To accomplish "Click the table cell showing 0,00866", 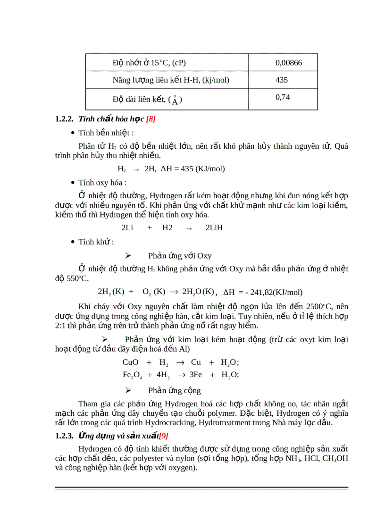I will (288, 62).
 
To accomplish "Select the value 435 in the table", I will (281, 80).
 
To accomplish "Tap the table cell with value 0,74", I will (282, 97).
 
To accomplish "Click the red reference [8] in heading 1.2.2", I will (151, 119).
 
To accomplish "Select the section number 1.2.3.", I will (65, 436).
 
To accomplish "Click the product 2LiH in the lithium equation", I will (214, 227).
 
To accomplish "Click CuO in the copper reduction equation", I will (130, 362).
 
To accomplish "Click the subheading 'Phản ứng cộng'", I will (175, 390).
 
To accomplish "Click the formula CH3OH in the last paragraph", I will (335, 459).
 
